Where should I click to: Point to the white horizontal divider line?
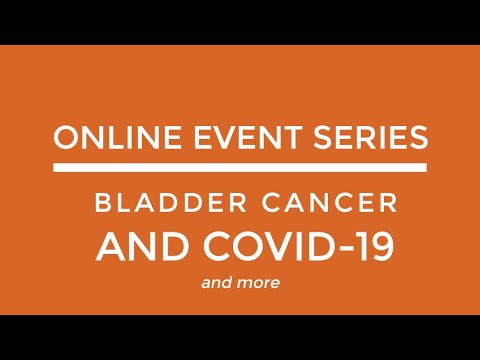pos(240,169)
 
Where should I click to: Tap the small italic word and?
pos(217,283)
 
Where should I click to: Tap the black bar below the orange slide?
pos(240,337)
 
